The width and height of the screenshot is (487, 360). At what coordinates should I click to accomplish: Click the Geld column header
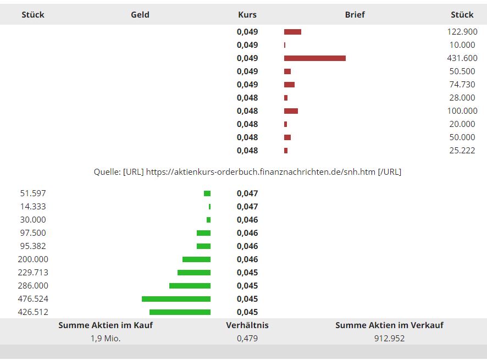coord(140,14)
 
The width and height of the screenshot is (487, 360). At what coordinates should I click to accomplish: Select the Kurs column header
coord(247,14)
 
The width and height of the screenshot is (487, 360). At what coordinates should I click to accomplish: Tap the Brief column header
coord(355,14)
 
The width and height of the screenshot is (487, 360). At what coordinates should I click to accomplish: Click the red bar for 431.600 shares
coord(315,58)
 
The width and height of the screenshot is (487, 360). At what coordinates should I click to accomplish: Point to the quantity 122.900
coord(462,32)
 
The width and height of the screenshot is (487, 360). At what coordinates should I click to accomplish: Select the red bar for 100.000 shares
coord(291,111)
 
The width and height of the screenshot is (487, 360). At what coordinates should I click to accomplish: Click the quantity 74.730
coord(462,85)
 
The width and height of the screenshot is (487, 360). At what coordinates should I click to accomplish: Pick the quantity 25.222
coord(462,151)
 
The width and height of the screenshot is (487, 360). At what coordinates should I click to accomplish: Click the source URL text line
coord(247,172)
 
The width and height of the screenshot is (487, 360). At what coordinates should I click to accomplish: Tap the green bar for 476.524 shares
coord(176,299)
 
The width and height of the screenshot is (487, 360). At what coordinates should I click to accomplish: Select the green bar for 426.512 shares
coord(180,312)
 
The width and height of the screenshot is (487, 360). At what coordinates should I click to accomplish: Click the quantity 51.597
coord(33,193)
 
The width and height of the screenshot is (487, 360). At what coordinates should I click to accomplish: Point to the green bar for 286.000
coord(190,286)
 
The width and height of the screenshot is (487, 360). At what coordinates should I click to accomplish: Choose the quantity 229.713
coord(33,273)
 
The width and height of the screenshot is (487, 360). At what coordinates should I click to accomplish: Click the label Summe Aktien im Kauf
coord(106,325)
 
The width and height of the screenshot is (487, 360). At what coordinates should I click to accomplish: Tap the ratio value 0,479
coord(247,338)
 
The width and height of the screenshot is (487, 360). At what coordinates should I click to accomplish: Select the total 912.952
coord(389,338)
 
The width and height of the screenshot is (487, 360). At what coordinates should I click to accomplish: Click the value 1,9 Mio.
coord(106,338)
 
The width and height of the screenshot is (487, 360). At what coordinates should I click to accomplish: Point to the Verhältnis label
coord(247,325)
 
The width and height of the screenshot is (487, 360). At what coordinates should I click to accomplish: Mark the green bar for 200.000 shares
coord(196,259)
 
